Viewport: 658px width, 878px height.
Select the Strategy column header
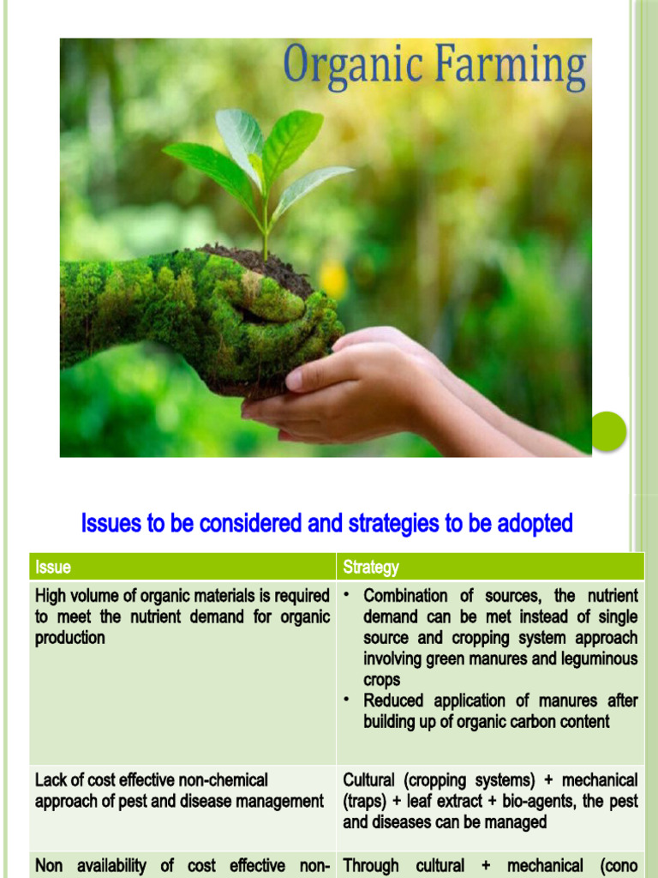pos(371,567)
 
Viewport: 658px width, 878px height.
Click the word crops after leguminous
pos(381,680)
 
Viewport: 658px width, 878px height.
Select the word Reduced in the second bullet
pos(393,701)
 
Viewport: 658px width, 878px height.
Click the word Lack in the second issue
pos(51,780)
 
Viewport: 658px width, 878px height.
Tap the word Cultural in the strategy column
pos(370,780)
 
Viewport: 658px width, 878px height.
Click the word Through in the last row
pos(371,866)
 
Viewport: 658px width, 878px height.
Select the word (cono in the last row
pos(615,866)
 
